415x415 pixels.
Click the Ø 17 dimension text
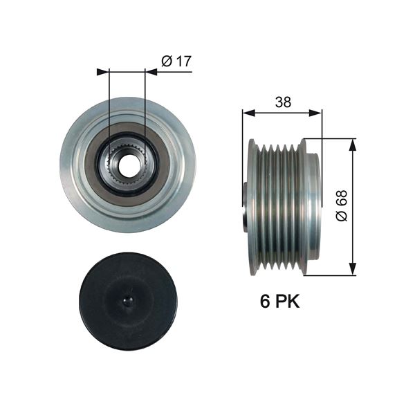tap(176, 62)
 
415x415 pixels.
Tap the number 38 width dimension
tap(282, 102)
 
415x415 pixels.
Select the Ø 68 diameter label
tap(341, 205)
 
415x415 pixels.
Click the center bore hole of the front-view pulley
tap(127, 165)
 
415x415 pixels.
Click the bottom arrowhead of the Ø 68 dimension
tap(353, 270)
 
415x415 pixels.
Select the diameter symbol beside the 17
tap(166, 62)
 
